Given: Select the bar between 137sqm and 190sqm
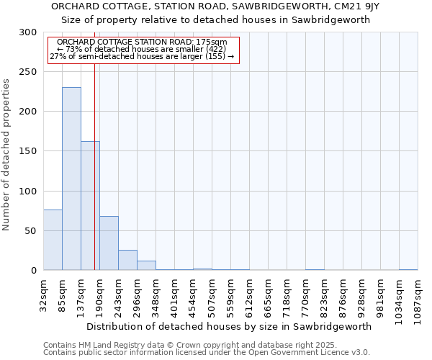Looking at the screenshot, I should pos(90,205).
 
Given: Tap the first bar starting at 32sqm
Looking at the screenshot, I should pos(53,240).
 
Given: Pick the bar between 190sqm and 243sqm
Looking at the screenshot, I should pos(109,243).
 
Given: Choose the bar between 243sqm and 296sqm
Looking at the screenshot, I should pos(127,260).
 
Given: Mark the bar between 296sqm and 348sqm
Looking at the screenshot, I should pos(146,265).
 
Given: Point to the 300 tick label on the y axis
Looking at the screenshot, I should pos(28,32).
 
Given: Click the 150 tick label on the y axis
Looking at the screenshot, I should pos(28,151).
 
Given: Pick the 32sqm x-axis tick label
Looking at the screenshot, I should pos(43,294).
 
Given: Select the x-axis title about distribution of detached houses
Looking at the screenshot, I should pos(233,326).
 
